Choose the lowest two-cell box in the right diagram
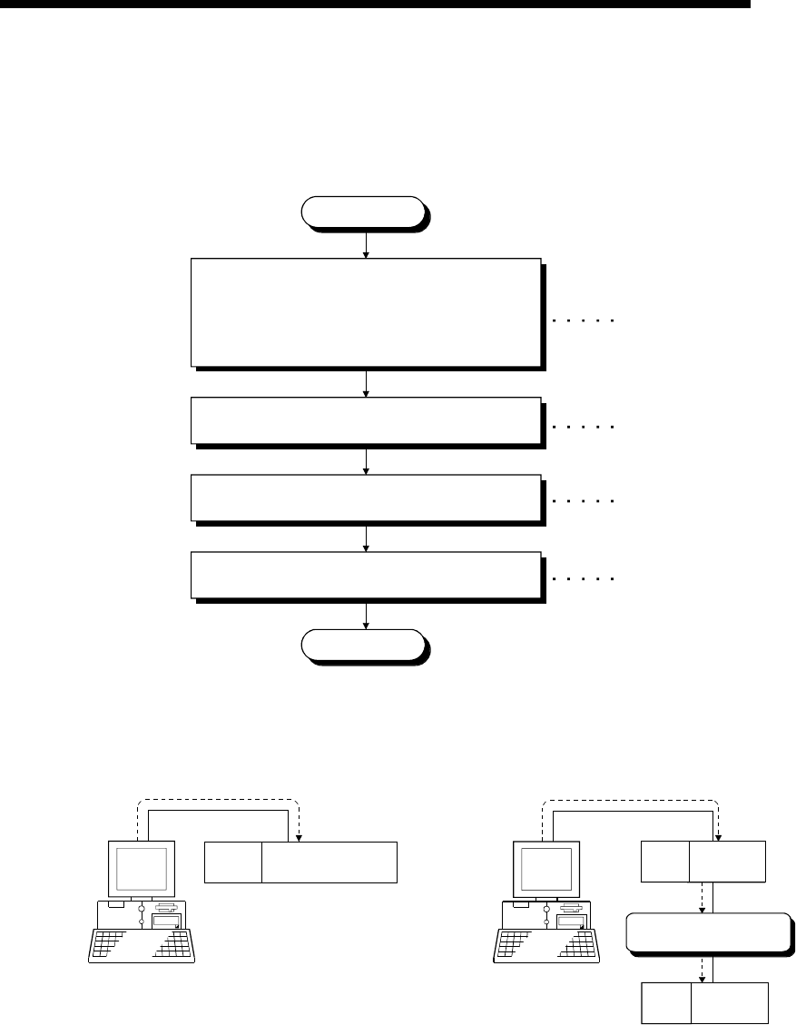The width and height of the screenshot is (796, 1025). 705,1001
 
